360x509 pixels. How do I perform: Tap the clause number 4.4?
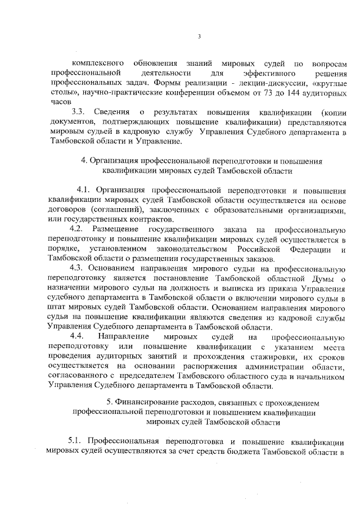point(75,337)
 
